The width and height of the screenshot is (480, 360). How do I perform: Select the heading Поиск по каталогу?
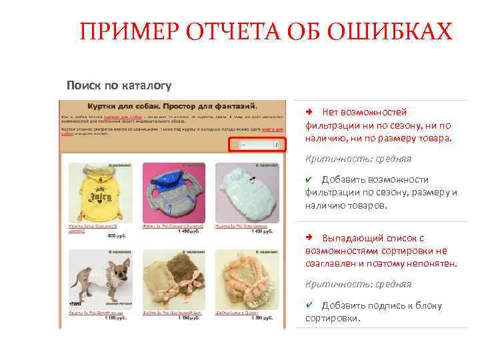pos(119,85)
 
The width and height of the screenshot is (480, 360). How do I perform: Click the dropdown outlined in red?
pos(257,145)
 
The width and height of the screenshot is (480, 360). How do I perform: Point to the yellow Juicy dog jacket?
pos(93,193)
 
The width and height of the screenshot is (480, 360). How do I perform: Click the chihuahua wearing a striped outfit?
pos(92,273)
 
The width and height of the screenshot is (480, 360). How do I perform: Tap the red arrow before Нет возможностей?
pos(309,112)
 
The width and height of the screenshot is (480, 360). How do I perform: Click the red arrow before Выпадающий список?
pos(309,238)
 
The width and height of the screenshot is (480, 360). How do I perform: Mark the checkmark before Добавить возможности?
pos(309,179)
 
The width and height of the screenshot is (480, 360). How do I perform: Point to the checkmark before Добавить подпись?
pos(309,305)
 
